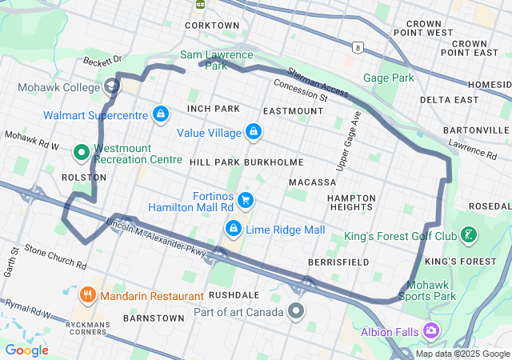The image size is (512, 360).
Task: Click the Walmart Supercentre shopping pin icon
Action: click(x=161, y=114)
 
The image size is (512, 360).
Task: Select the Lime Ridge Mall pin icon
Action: click(x=233, y=230)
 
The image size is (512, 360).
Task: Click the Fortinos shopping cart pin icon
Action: click(x=246, y=201)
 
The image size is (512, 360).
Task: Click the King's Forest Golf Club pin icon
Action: click(x=469, y=236)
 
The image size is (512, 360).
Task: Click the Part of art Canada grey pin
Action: click(x=297, y=310)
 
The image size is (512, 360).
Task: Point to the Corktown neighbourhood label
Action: click(x=212, y=26)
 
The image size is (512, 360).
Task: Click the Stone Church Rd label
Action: click(x=54, y=257)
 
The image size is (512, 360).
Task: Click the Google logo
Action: click(x=26, y=350)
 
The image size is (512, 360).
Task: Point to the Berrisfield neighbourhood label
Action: click(x=338, y=262)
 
